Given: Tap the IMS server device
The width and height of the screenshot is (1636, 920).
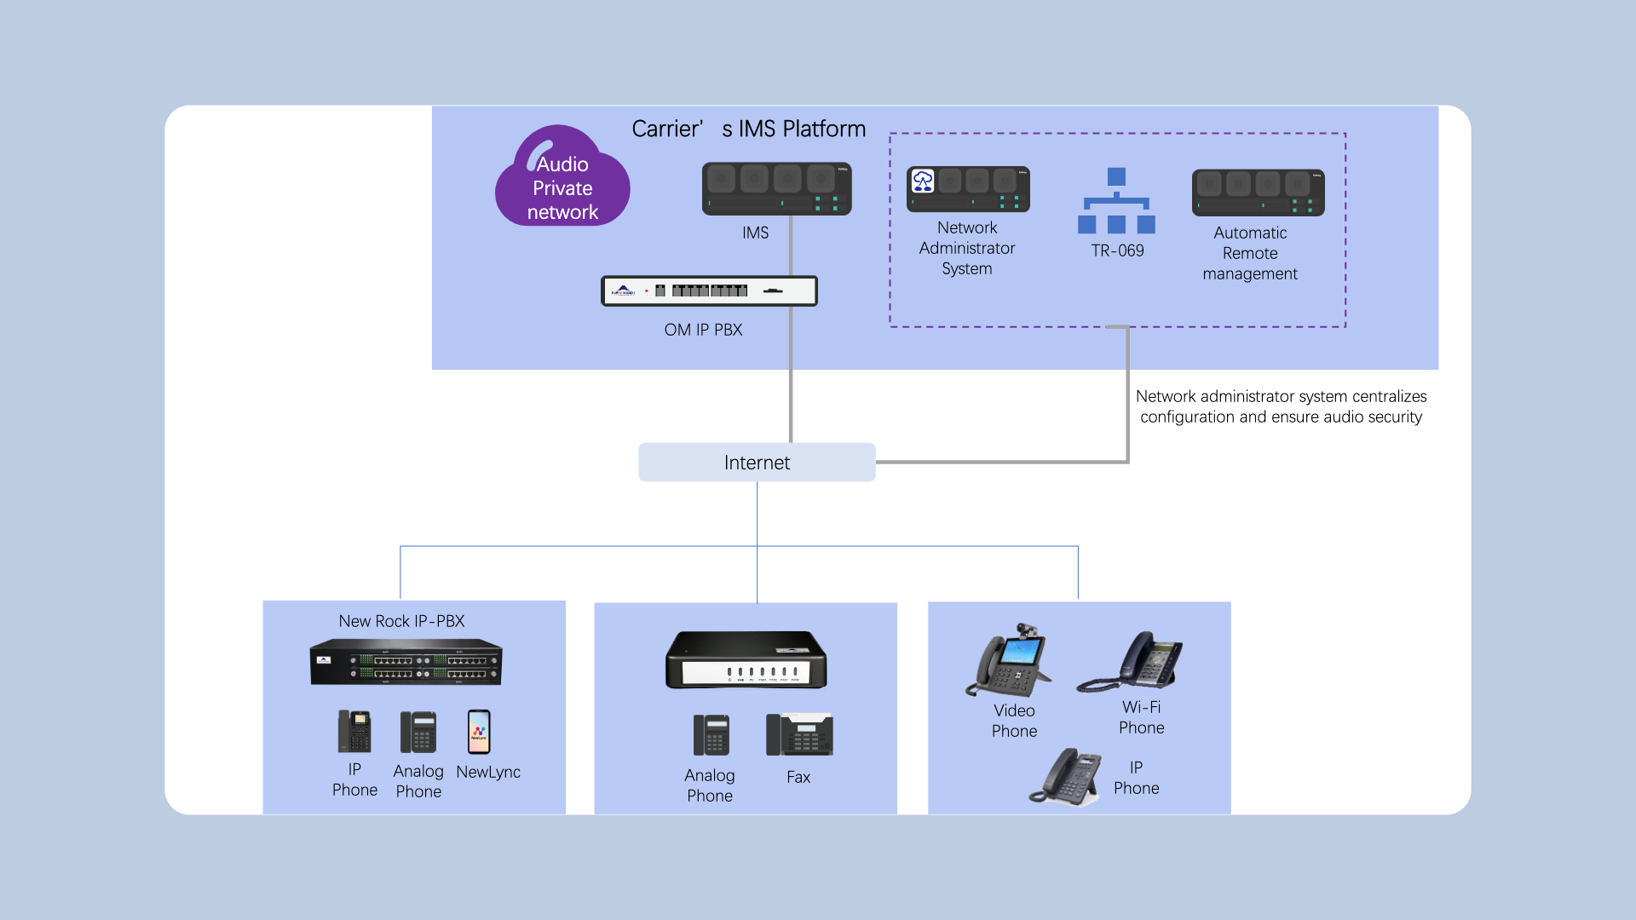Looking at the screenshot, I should tap(776, 188).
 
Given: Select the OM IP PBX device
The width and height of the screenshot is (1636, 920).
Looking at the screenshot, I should tap(709, 290).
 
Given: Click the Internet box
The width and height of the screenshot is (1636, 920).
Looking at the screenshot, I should tap(757, 462).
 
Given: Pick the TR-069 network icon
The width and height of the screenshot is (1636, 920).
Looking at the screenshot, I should tap(1116, 201).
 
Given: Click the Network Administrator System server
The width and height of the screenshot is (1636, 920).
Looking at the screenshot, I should tap(968, 189).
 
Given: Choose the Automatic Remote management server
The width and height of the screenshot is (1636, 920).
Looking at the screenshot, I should tap(1258, 193).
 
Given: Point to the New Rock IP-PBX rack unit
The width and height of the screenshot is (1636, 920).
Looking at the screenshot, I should tap(406, 662).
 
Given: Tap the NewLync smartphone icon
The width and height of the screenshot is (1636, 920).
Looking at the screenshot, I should tap(479, 732).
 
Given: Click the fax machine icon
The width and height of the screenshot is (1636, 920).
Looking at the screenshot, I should tap(799, 734).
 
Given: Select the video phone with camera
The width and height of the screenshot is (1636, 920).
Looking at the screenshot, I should tap(1010, 661).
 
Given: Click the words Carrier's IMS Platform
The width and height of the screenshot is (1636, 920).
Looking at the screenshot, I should tap(748, 129).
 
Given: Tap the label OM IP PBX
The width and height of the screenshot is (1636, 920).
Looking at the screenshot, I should tap(703, 330).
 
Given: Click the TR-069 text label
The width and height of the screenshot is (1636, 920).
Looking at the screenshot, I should tap(1117, 250).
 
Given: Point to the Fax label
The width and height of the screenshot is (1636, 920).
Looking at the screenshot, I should tap(798, 777).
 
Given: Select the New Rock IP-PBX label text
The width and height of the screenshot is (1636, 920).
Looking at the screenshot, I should tap(401, 621).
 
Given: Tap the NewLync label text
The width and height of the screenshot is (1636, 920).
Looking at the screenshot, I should tap(488, 772).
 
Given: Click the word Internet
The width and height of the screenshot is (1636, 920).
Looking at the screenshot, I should tap(757, 463).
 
